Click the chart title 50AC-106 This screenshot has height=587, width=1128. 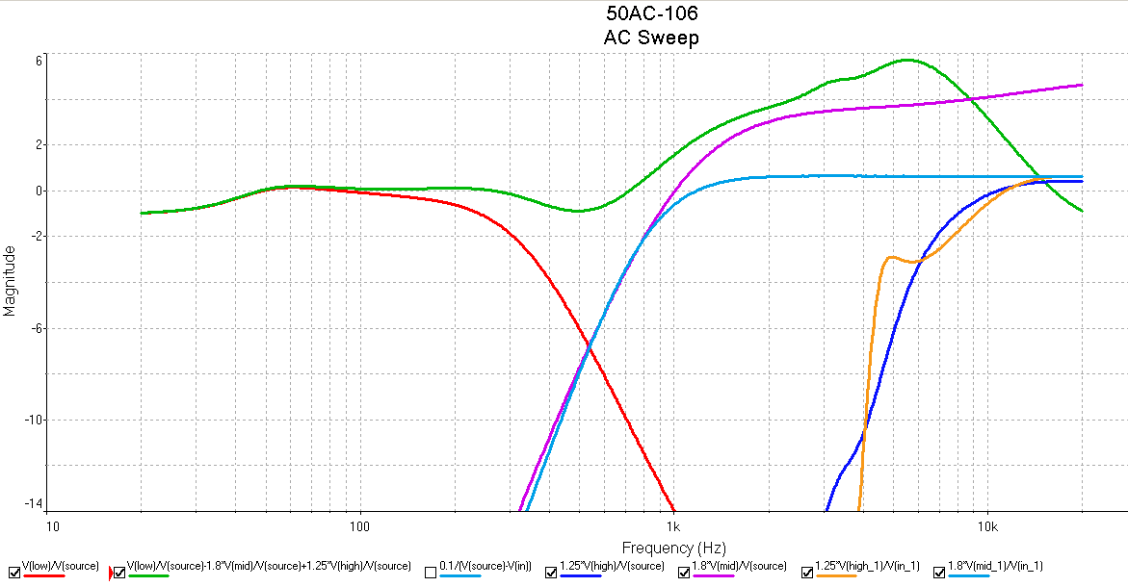pos(652,13)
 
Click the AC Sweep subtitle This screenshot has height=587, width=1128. pos(651,38)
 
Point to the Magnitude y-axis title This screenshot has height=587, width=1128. pos(10,281)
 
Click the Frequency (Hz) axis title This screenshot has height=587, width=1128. pos(673,549)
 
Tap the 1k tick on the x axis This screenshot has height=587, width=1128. pos(673,526)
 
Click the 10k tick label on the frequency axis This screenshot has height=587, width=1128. pos(987,526)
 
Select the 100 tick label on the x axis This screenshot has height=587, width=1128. pos(359,526)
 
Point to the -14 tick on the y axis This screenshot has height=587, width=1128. pos(34,503)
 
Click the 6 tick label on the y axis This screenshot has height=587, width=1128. pos(39,61)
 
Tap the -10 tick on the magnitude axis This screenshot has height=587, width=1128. pos(34,419)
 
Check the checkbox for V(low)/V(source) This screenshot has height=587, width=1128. pos(14,573)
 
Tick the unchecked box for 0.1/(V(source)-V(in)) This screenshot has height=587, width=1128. pos(431,573)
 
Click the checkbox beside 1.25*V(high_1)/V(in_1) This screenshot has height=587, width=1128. pos(806,573)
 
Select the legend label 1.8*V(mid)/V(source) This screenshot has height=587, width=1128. pos(739,566)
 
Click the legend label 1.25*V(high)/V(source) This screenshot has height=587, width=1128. pos(612,566)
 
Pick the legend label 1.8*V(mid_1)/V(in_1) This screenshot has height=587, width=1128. pos(995,566)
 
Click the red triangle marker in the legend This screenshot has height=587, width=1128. pos(111,573)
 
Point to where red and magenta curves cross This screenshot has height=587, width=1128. pos(589,348)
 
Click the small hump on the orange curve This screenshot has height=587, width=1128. pos(892,257)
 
